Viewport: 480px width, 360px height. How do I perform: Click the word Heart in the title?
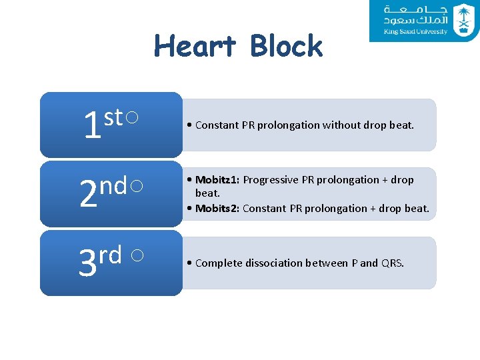(195, 47)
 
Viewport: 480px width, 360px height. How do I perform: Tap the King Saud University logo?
(424, 21)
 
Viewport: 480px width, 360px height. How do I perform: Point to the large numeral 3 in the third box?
(87, 264)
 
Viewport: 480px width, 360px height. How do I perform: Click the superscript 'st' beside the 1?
(113, 117)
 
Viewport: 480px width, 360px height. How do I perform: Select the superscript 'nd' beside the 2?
(113, 187)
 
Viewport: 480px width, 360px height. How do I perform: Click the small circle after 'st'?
(132, 118)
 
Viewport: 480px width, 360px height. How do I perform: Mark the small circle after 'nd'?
(136, 187)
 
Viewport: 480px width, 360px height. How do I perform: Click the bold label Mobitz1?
(217, 180)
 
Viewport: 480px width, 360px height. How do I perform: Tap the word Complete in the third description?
(218, 263)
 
